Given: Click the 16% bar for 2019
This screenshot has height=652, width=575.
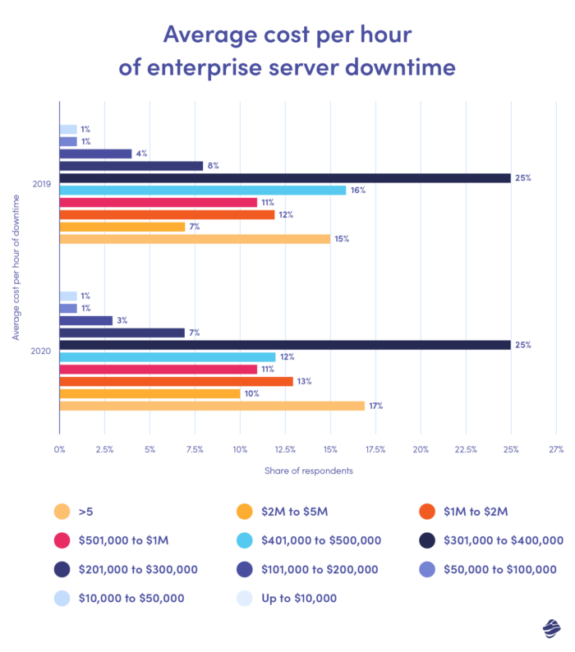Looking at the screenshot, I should coord(202,191).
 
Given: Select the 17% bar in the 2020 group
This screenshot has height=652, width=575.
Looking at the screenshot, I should coord(211,406).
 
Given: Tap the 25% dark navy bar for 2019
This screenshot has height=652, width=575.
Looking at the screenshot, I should coord(284,178).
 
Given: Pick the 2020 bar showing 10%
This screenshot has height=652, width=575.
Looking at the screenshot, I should coord(149,393).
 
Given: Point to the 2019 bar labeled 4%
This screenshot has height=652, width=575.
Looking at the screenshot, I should coord(95,154).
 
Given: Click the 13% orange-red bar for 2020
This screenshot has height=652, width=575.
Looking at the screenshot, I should coord(176,381).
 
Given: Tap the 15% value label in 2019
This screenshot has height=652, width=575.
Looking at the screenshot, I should coord(342,239).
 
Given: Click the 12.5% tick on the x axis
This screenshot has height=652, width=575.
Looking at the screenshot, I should coord(284,449).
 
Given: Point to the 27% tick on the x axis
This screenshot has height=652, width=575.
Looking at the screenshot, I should coord(555,449).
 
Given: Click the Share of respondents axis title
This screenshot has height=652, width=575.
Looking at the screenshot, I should coord(308,471).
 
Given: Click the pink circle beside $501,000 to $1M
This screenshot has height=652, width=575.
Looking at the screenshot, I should coord(59,540).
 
